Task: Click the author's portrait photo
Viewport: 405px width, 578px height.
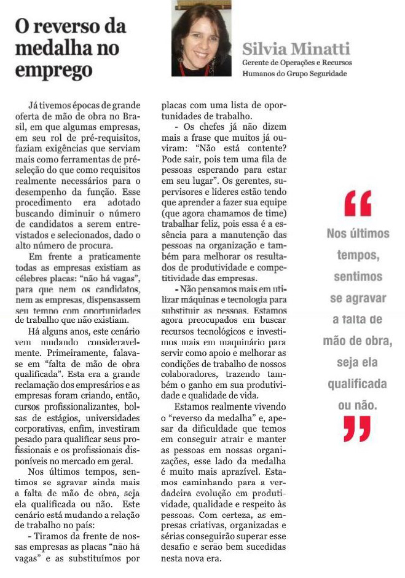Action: pyautogui.click(x=201, y=39)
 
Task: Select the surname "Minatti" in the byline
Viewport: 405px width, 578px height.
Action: pyautogui.click(x=317, y=49)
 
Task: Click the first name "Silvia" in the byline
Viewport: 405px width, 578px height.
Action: pyautogui.click(x=264, y=49)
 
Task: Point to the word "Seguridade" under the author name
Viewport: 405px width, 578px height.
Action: pyautogui.click(x=325, y=73)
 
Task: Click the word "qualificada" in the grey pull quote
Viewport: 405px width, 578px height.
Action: pyautogui.click(x=357, y=384)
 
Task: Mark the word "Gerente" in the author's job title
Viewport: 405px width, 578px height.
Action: pyautogui.click(x=258, y=63)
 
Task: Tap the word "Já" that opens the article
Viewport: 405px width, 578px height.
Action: pyautogui.click(x=34, y=107)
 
